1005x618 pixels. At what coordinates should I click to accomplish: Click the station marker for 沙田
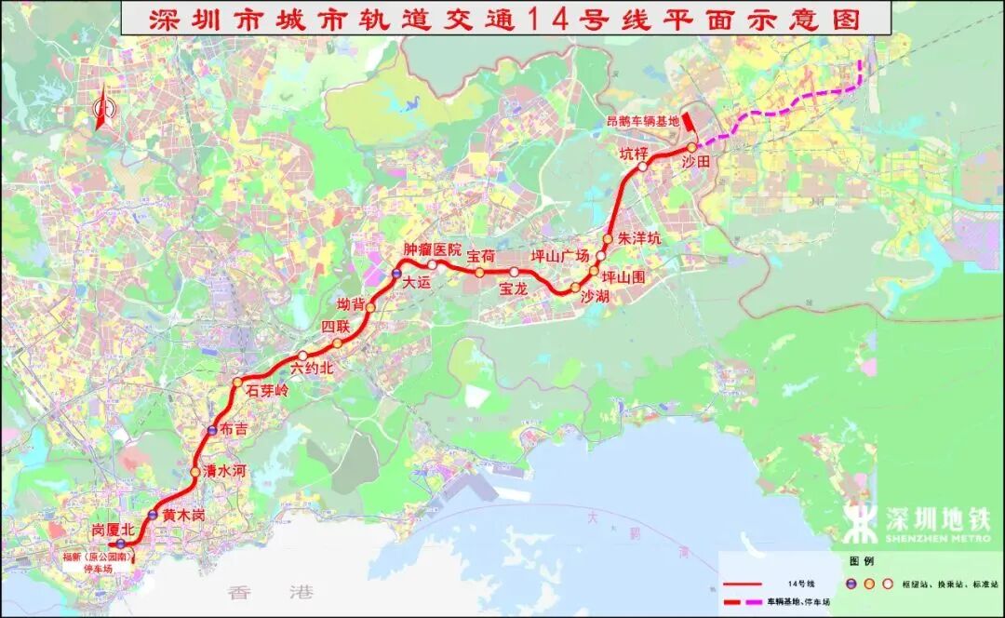691,147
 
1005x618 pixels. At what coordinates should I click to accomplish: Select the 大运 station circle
395,274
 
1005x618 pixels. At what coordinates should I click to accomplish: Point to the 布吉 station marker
212,429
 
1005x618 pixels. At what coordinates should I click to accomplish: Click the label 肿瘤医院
432,249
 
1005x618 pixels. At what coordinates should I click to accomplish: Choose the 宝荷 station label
480,256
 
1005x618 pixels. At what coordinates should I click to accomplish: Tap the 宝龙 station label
513,289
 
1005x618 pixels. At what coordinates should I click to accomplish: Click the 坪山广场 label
560,256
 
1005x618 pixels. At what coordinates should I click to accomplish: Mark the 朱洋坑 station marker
608,239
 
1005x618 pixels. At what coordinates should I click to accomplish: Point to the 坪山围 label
623,276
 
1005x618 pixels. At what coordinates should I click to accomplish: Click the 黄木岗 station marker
153,515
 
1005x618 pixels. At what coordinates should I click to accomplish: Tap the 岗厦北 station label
113,529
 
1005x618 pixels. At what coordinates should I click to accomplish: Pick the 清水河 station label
224,471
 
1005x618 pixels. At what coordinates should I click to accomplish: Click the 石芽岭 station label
267,391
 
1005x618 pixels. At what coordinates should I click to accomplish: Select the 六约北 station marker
301,356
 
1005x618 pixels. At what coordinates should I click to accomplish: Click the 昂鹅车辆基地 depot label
642,121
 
